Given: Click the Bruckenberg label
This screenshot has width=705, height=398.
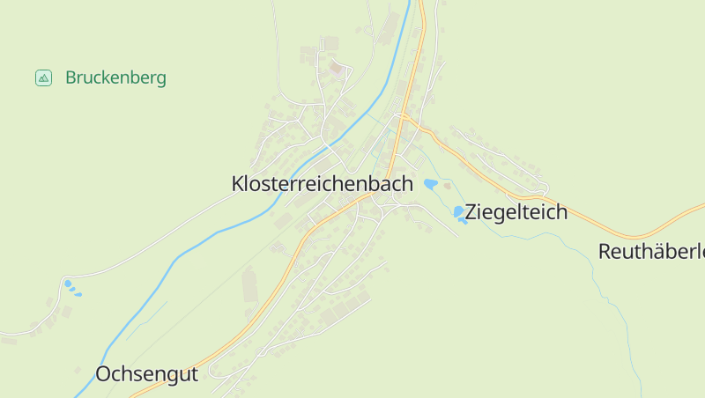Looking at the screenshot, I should click(x=115, y=77).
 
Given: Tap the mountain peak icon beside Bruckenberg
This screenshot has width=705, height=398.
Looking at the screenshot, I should click(x=43, y=77).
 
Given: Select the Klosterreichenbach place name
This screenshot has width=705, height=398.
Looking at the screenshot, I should click(x=322, y=184).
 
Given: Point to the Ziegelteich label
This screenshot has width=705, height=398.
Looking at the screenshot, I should click(x=516, y=211).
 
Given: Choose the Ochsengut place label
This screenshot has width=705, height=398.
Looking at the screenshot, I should click(x=146, y=373).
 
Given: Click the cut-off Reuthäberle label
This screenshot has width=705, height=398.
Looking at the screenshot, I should click(x=651, y=251).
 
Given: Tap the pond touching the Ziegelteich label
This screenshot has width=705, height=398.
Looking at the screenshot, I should click(x=459, y=212).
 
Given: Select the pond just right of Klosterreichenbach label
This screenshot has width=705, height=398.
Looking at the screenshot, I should click(x=431, y=183).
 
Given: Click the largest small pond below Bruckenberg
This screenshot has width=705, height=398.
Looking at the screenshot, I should click(x=68, y=284).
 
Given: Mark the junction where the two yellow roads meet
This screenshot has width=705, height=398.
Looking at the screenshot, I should click(x=404, y=116).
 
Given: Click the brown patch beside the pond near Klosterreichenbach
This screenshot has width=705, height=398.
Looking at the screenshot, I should click(x=446, y=184).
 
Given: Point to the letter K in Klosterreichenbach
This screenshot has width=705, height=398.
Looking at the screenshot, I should click(x=238, y=184).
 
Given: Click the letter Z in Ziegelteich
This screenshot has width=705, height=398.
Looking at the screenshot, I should click(x=471, y=211).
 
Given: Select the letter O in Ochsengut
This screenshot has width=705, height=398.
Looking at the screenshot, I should click(x=104, y=373).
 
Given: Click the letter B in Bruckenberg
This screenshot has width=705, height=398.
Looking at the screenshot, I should click(x=71, y=77).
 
